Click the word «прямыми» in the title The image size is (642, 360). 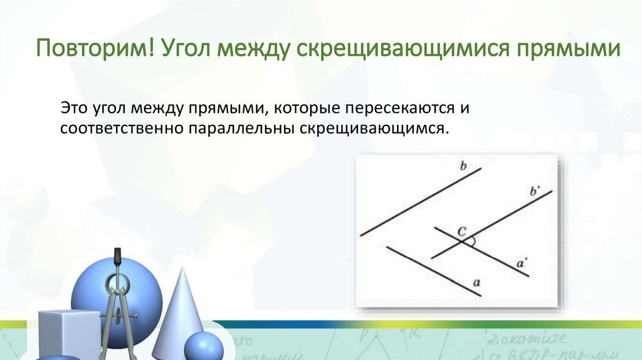(x=568, y=48)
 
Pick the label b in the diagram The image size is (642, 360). (x=463, y=166)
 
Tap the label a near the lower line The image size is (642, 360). (x=476, y=283)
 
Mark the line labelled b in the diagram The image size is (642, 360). (x=420, y=201)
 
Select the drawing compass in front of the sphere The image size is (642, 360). (x=117, y=301)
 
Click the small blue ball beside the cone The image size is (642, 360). (x=203, y=346)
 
